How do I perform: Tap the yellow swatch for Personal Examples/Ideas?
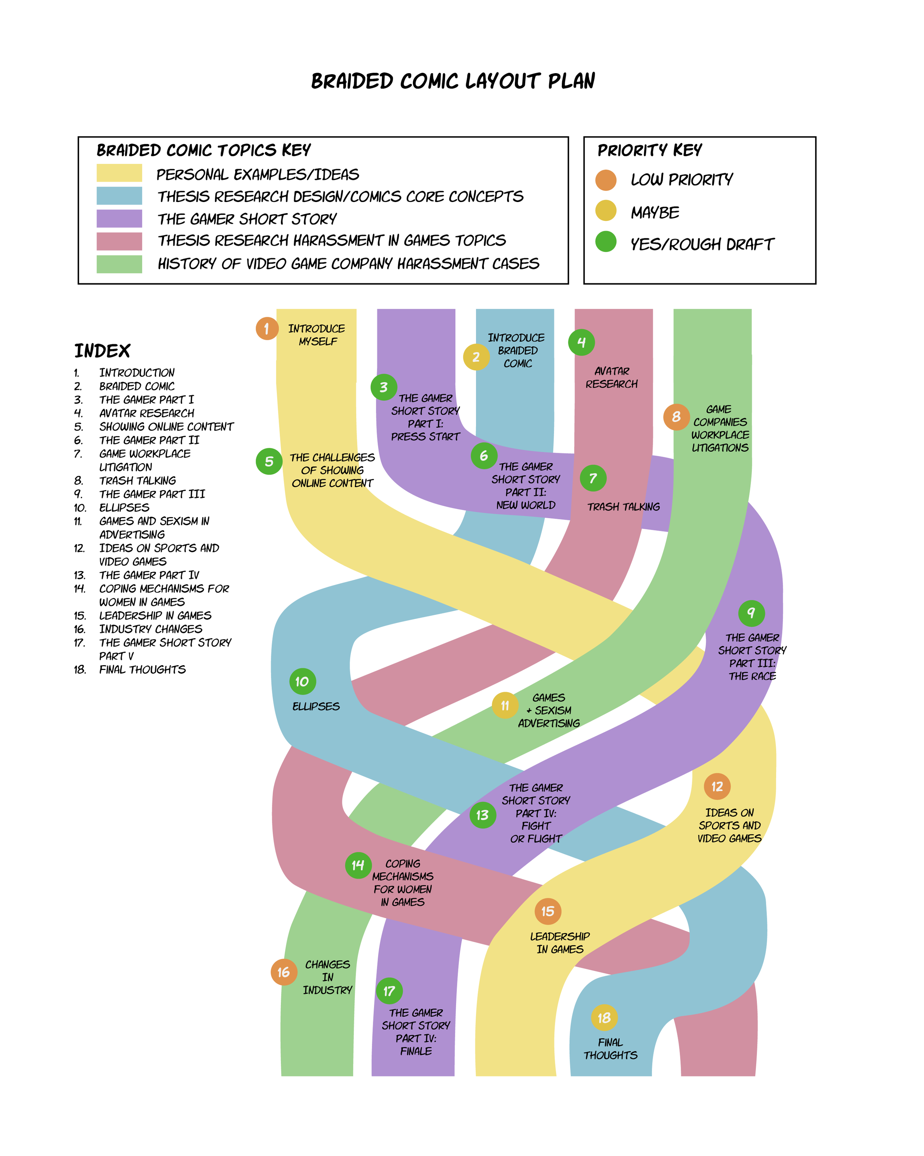[x=119, y=173]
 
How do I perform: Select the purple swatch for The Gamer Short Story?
[x=119, y=218]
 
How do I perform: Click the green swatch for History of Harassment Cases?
[x=119, y=264]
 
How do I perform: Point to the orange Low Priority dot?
[x=606, y=180]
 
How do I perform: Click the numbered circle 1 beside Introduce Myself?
[x=267, y=329]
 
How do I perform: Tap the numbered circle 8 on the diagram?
[x=676, y=417]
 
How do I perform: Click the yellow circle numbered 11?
[x=505, y=706]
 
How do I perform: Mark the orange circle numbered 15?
[x=548, y=911]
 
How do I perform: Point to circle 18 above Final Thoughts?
[x=604, y=1018]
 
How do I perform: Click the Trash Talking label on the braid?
[x=623, y=507]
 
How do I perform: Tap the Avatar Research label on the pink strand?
[x=612, y=377]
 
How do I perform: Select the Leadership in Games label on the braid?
[x=560, y=943]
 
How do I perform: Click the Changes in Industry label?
[x=327, y=977]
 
